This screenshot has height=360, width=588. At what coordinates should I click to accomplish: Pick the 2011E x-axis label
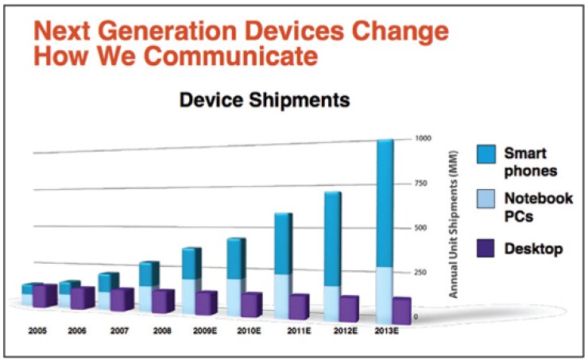pyautogui.click(x=300, y=328)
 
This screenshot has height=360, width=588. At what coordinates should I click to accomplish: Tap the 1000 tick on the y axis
pyautogui.click(x=424, y=138)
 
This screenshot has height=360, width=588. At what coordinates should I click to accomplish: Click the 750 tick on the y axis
pyautogui.click(x=422, y=184)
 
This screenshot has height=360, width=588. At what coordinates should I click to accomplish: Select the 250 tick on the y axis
pyautogui.click(x=422, y=273)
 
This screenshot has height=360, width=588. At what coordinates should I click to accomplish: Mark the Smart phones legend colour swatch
pyautogui.click(x=486, y=155)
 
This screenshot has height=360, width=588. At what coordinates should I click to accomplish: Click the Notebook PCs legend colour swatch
pyautogui.click(x=486, y=202)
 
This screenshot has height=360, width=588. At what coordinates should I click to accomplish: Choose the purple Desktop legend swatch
pyautogui.click(x=486, y=249)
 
